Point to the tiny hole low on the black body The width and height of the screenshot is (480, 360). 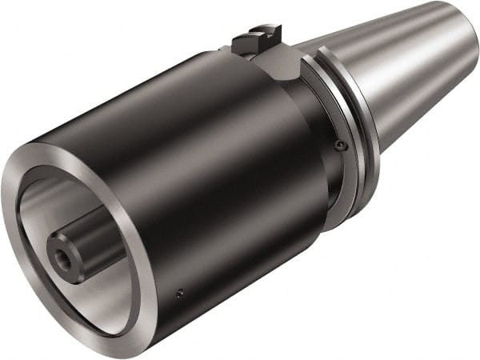180,292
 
